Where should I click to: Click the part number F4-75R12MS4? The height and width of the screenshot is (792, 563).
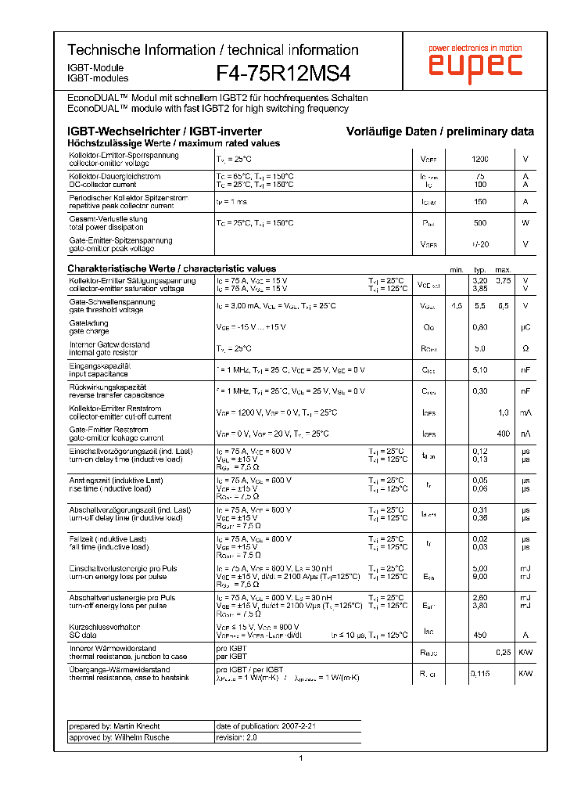(283, 73)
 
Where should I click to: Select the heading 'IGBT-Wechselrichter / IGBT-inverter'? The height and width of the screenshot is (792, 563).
(164, 131)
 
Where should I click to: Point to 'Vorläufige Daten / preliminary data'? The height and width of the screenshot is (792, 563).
(440, 131)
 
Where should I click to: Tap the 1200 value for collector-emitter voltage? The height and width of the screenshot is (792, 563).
(480, 160)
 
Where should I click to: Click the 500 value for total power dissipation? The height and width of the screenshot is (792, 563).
(480, 223)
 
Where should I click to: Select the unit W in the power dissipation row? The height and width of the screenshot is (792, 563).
(525, 223)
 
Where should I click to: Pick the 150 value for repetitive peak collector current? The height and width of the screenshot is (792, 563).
(480, 202)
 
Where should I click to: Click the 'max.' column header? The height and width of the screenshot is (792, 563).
(503, 269)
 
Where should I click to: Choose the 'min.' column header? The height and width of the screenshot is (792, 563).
(457, 269)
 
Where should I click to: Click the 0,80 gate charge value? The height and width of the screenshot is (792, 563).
(480, 327)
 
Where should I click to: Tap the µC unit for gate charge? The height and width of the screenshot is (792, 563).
(525, 327)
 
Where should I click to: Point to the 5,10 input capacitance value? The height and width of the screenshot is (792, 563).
(480, 369)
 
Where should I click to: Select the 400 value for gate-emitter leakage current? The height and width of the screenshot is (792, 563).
(503, 434)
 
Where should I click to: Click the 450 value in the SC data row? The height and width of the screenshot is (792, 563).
(480, 635)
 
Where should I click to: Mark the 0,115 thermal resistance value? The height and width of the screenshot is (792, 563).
(480, 673)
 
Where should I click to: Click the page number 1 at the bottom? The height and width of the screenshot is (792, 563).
(301, 758)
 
